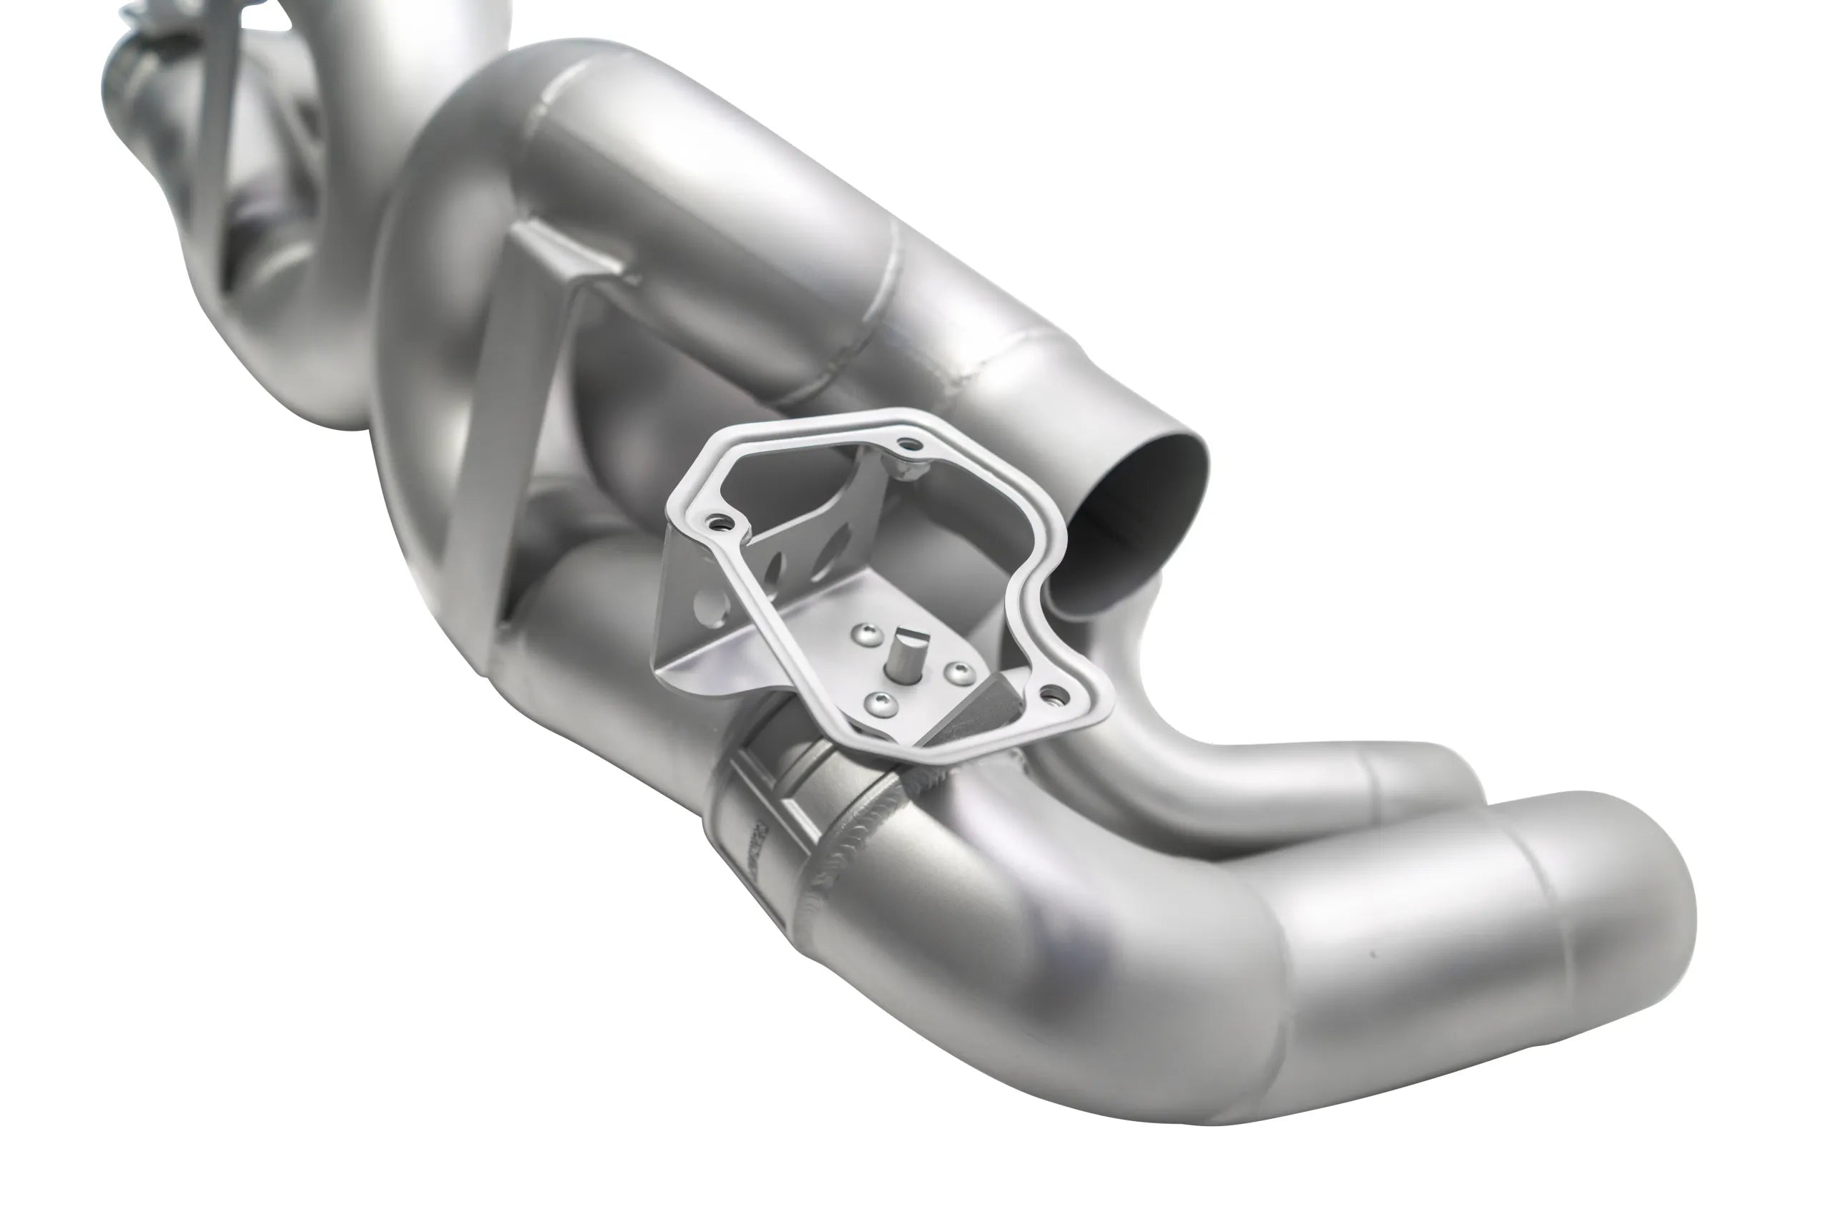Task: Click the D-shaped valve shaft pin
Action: coord(907,646)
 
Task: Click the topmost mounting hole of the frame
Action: coord(906,446)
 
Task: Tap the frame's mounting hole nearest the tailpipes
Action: coord(1054,691)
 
